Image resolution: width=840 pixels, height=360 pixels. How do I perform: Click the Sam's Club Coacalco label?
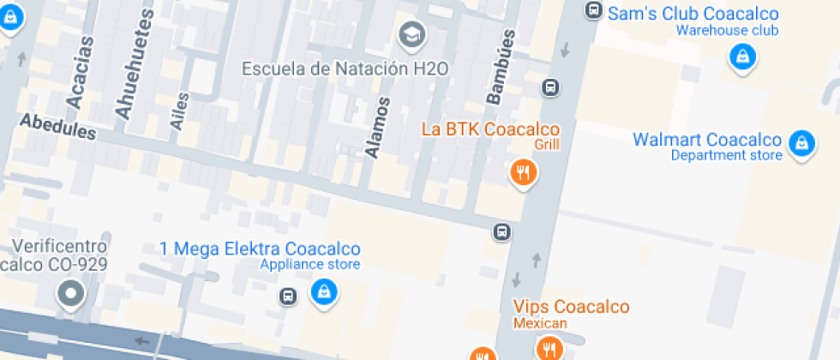693,14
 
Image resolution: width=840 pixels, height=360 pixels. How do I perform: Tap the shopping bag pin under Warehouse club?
741,57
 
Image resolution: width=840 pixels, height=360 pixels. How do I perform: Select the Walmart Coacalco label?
707,140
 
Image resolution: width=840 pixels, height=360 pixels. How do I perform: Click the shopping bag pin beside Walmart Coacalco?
801,142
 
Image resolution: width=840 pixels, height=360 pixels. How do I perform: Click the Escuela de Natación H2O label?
345,69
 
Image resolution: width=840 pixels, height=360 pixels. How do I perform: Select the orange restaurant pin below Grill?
522,174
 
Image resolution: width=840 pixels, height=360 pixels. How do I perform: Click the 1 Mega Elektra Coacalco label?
260,249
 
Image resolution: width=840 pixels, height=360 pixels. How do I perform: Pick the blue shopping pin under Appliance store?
324,292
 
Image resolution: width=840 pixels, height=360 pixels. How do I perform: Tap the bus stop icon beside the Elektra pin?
288,297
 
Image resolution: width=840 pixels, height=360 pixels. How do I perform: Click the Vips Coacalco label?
571,307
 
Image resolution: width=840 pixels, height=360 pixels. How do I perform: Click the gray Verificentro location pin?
70,295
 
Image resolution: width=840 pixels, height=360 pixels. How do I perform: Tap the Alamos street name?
377,128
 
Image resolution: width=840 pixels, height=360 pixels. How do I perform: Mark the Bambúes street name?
501,68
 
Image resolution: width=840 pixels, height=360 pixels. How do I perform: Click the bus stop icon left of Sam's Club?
592,10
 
